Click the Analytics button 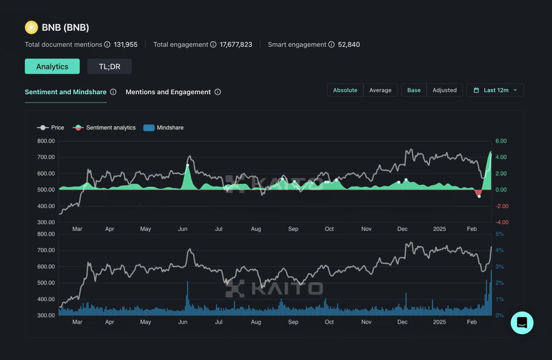(x=52, y=67)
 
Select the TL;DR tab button (x=109, y=67)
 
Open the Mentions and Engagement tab (x=168, y=92)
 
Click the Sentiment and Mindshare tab (x=65, y=92)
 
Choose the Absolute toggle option (x=345, y=90)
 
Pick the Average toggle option (x=380, y=90)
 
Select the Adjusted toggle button (x=444, y=90)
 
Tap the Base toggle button (x=414, y=90)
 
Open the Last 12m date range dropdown (x=495, y=90)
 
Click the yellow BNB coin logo (x=31, y=28)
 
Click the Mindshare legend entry (x=163, y=128)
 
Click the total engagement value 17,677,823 (x=236, y=45)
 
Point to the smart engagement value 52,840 (x=349, y=45)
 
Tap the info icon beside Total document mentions (x=107, y=45)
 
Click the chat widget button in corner (x=522, y=323)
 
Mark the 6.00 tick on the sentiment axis (x=501, y=141)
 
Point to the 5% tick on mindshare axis (x=500, y=234)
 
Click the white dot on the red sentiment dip (x=479, y=196)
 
